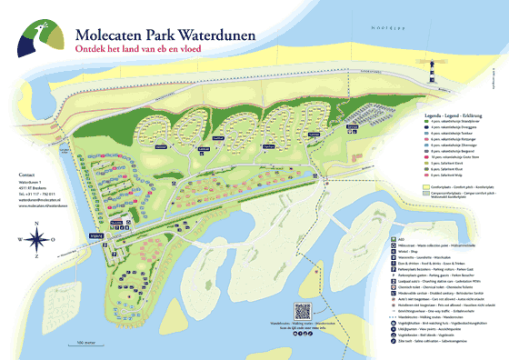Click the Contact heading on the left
pos(26,174)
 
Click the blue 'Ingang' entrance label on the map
pos(119,234)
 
